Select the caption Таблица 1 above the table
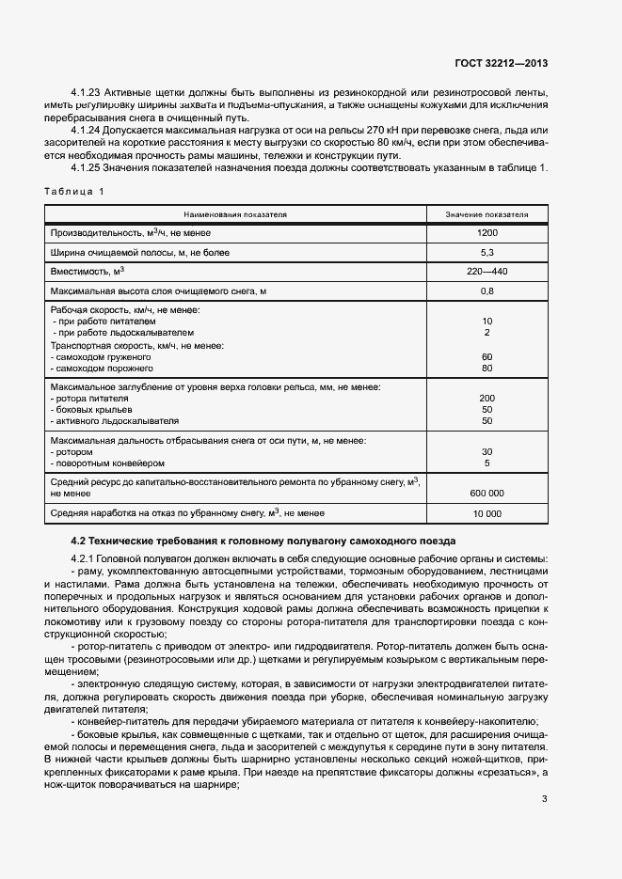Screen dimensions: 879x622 point(73,191)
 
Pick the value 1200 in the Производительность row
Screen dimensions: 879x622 point(486,232)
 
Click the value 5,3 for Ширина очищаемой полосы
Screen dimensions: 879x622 point(486,252)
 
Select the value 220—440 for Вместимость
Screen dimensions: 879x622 point(486,272)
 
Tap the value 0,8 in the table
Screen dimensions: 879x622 point(486,291)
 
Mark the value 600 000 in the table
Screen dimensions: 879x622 point(486,493)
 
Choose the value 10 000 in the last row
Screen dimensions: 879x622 point(486,514)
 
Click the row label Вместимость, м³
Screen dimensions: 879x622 point(88,272)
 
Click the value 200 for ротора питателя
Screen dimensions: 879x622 point(486,399)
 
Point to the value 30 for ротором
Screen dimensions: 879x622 point(486,452)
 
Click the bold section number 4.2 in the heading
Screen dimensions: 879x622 point(79,541)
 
